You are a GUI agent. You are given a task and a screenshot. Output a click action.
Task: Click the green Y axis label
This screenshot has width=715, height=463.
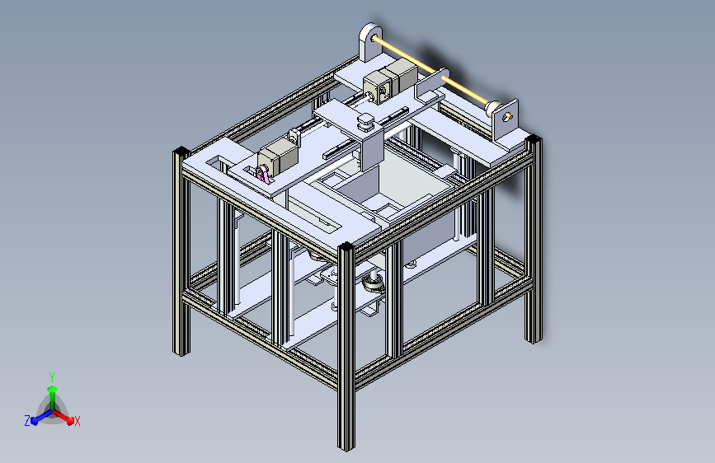click(x=51, y=375)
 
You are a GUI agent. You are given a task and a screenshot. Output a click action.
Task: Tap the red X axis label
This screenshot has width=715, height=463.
click(x=78, y=421)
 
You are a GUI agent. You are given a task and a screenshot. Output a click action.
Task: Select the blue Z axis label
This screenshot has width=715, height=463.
click(x=27, y=420)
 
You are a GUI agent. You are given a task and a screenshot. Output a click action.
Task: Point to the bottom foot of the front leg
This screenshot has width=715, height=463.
click(x=346, y=445)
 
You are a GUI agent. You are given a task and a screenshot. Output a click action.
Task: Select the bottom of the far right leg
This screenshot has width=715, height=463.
click(x=534, y=336)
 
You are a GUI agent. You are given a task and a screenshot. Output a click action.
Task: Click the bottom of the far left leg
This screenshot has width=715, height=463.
click(x=181, y=350)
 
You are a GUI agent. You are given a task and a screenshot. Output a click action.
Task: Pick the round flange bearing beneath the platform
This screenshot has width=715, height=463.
click(x=373, y=283)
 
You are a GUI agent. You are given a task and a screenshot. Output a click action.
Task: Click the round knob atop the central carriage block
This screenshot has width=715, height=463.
click(x=364, y=123)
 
